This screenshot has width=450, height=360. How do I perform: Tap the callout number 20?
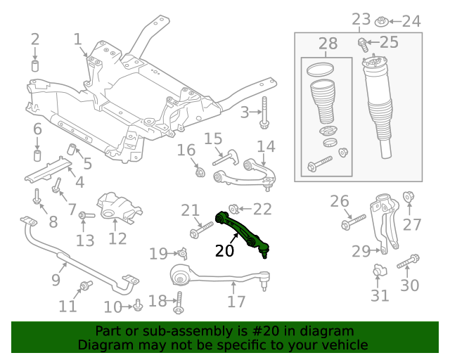225,250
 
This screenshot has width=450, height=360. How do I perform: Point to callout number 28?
328,45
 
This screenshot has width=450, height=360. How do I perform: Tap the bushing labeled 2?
35,66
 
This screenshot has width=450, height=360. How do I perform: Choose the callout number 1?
77,39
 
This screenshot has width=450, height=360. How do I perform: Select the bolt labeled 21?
201,229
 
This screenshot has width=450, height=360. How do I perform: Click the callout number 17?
237,301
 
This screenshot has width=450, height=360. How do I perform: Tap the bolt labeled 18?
179,302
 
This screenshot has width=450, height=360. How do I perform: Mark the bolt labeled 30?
408,263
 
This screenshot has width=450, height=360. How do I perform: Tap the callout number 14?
266,147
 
